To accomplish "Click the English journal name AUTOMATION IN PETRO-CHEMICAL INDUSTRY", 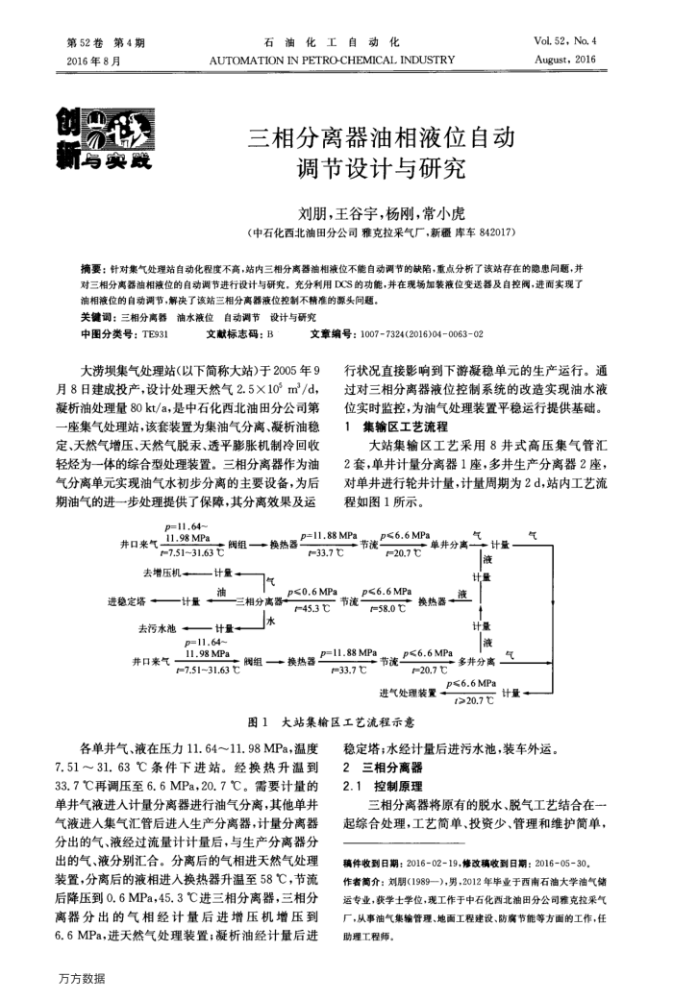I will tap(331, 60).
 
